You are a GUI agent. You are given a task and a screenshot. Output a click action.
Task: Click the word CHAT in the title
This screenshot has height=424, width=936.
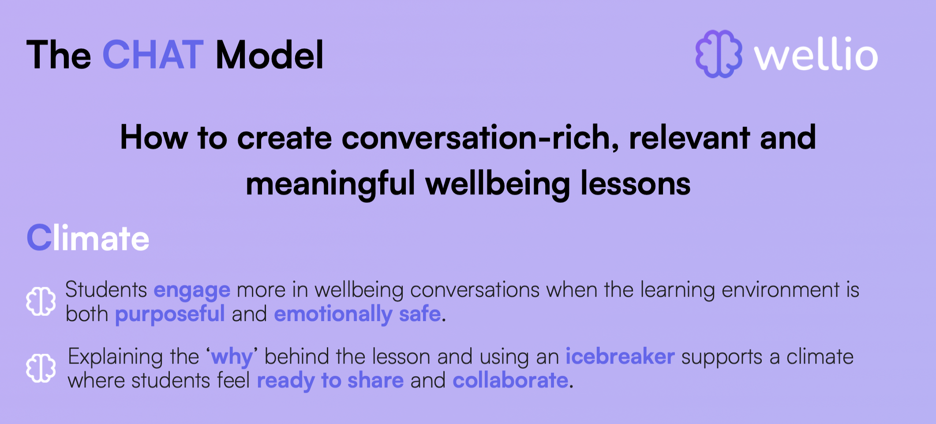[x=153, y=55]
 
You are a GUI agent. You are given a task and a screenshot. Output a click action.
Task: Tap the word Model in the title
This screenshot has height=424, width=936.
[x=270, y=55]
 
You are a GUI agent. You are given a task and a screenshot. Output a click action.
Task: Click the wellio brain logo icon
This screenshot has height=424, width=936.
[x=719, y=54]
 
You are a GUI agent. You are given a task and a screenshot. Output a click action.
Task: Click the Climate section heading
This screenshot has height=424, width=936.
[x=88, y=238]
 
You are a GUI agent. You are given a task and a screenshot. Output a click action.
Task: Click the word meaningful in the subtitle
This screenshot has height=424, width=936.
[x=330, y=184]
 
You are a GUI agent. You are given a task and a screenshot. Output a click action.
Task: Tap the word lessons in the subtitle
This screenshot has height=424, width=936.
[x=635, y=184]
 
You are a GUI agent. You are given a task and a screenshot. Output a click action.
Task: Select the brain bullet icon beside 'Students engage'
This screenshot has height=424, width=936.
[x=41, y=302]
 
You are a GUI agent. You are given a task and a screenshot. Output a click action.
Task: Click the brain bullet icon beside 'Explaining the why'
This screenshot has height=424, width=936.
[x=41, y=368]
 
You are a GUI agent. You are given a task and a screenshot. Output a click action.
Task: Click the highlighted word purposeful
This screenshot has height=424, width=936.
[x=170, y=315]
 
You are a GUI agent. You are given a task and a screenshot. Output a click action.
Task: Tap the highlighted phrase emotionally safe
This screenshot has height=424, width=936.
[x=357, y=314]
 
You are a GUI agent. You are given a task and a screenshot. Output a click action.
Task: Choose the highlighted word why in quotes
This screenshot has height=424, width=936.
[x=232, y=358]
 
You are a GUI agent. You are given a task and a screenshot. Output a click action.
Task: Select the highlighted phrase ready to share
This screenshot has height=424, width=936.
[x=330, y=381]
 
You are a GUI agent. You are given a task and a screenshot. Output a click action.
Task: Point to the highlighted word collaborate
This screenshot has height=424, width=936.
[x=510, y=380]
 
